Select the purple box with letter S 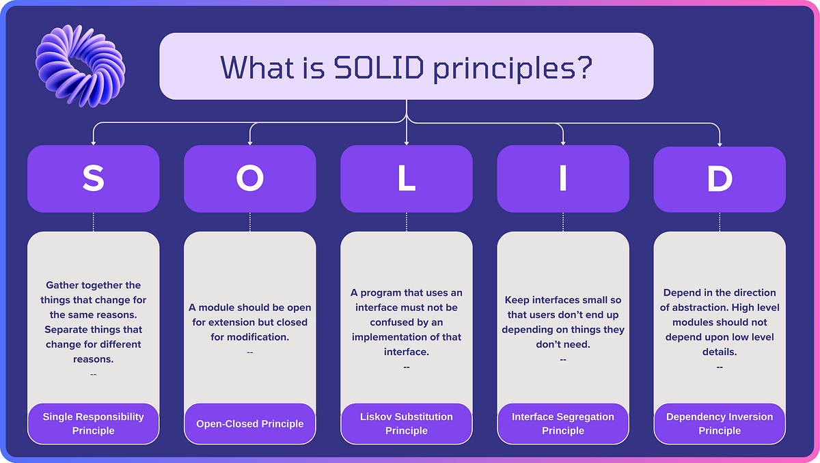coord(94,179)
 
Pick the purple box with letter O coord(250,179)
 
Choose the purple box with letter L coord(407,179)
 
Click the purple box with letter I coord(563,179)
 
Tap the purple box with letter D coord(720,179)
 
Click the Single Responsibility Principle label coord(94,423)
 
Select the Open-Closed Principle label coord(250,423)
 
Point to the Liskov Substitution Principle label coord(407,423)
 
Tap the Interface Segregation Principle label coord(563,423)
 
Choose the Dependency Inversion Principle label coord(720,423)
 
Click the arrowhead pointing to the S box coord(94,142)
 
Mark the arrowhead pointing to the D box coord(720,142)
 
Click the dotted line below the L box coord(407,222)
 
